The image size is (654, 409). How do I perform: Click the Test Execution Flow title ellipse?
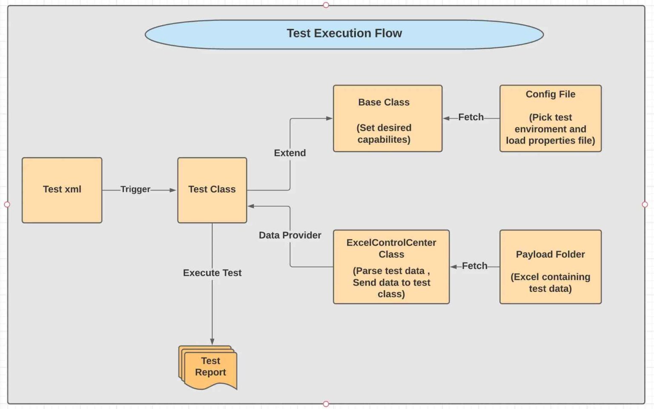coord(344,34)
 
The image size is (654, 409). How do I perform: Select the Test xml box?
coord(62,190)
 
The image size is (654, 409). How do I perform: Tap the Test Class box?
coord(212,190)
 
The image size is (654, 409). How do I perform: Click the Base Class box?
coord(387,118)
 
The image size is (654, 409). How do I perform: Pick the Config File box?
coord(550,118)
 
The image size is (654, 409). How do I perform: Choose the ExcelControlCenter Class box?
coord(391,267)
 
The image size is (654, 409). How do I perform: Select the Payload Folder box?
coord(550,267)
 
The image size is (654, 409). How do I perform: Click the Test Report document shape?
coord(209,367)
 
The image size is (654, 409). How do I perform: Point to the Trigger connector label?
coord(135,189)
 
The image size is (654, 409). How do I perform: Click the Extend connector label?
coord(290,153)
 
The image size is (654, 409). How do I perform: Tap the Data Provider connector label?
coord(290,235)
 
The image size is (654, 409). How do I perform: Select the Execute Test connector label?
coord(212,273)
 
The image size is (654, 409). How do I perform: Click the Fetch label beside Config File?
coord(470,117)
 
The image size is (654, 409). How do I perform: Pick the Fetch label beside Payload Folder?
coord(474,266)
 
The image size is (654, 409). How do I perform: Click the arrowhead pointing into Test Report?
coord(212,342)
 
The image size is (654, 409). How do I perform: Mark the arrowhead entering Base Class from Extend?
coord(329,118)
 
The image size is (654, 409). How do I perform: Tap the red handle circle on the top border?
coord(326,5)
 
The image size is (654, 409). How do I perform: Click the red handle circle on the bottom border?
coord(326,404)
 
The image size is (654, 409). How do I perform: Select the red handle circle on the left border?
coord(7,204)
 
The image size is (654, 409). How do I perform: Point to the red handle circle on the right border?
coord(645,204)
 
